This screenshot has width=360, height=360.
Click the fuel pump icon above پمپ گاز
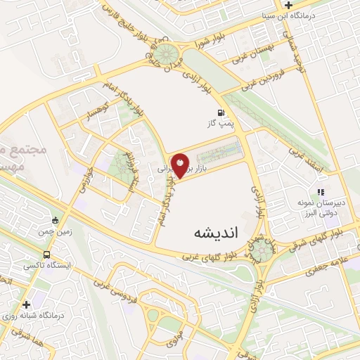pos(222,112)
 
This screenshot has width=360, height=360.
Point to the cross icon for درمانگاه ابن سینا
pos(288,5)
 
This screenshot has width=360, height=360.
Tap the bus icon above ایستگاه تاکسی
pos(46,255)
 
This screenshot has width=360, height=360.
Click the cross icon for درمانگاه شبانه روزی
pos(27,304)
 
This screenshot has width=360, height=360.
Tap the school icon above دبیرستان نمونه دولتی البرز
pos(320,191)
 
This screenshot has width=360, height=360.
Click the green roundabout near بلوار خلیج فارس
pos(168,53)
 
